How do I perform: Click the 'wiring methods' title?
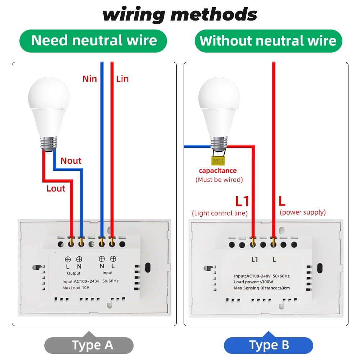click(x=180, y=15)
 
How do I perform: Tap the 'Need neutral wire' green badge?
click(x=94, y=41)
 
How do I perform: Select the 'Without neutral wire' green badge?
click(x=268, y=41)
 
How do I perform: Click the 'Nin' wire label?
click(x=90, y=78)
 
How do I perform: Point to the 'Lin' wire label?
click(x=122, y=78)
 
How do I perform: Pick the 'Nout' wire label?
click(x=71, y=161)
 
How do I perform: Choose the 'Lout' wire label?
click(x=56, y=188)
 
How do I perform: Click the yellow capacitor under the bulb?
click(x=218, y=161)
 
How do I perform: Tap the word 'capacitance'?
click(x=218, y=171)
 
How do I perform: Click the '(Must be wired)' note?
click(x=219, y=180)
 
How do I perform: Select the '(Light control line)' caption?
click(x=220, y=213)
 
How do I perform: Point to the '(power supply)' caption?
click(x=303, y=212)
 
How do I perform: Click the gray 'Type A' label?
click(x=93, y=345)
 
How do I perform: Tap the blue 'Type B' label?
click(x=269, y=345)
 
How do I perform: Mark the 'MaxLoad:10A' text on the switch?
click(x=76, y=288)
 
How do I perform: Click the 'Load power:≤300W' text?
click(x=253, y=282)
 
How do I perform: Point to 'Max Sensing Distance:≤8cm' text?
click(x=262, y=288)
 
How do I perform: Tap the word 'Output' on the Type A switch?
click(x=73, y=273)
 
